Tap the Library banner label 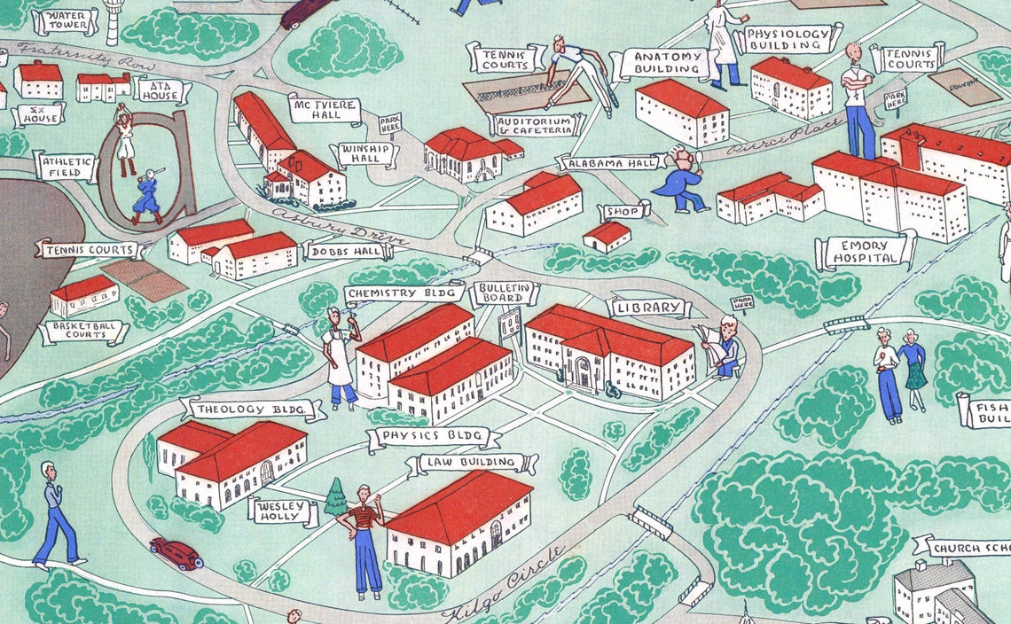648,308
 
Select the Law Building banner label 470,463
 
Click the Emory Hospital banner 864,253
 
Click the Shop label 623,213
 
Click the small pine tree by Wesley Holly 336,498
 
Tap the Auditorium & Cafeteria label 537,125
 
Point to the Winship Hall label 364,154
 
